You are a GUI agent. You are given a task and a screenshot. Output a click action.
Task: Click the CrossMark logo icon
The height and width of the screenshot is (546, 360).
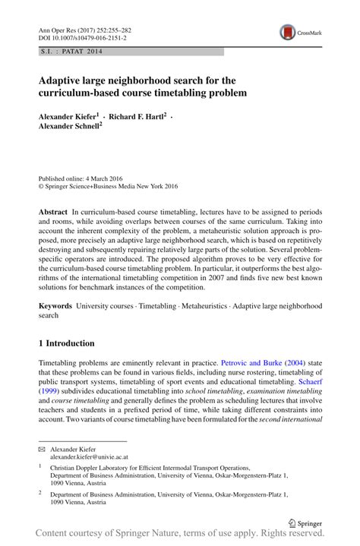[287, 33]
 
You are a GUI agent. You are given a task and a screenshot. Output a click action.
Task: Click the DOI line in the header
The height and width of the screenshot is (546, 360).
[83, 37]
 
